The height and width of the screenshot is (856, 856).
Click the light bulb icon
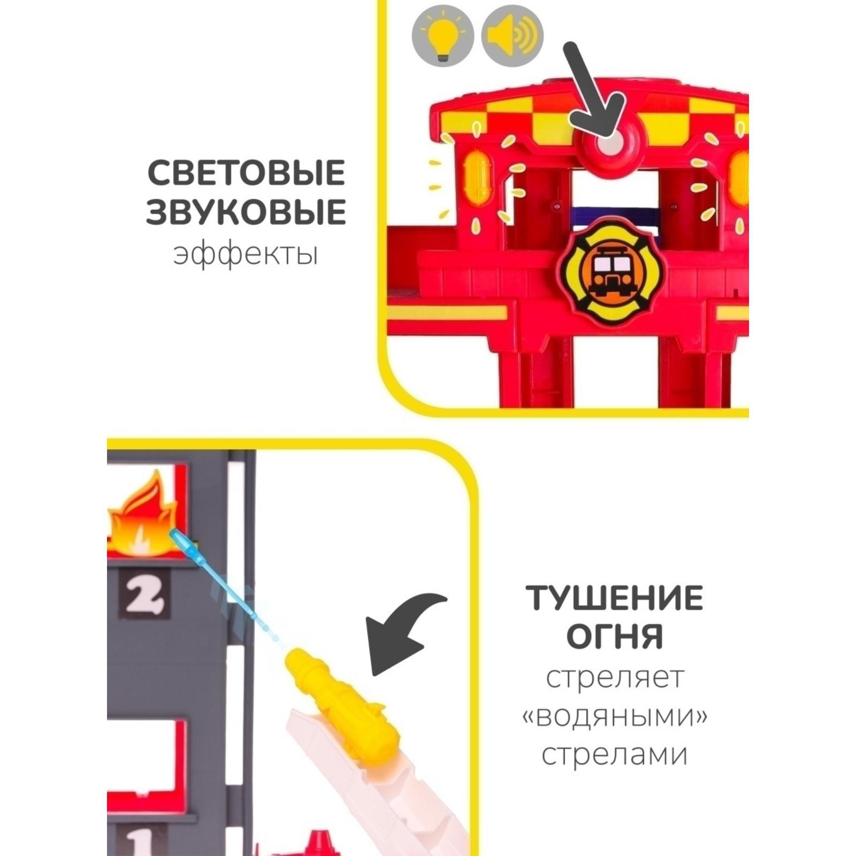click(x=442, y=36)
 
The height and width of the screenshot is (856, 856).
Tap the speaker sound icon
click(x=512, y=36)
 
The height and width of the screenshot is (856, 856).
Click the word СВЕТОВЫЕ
click(x=246, y=173)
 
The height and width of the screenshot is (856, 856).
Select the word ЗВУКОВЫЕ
click(x=246, y=212)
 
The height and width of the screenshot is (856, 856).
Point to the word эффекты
click(x=246, y=254)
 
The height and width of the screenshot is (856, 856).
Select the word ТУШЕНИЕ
click(x=614, y=598)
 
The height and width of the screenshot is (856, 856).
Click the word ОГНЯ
click(x=615, y=637)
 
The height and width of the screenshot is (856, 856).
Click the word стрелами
click(x=615, y=755)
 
